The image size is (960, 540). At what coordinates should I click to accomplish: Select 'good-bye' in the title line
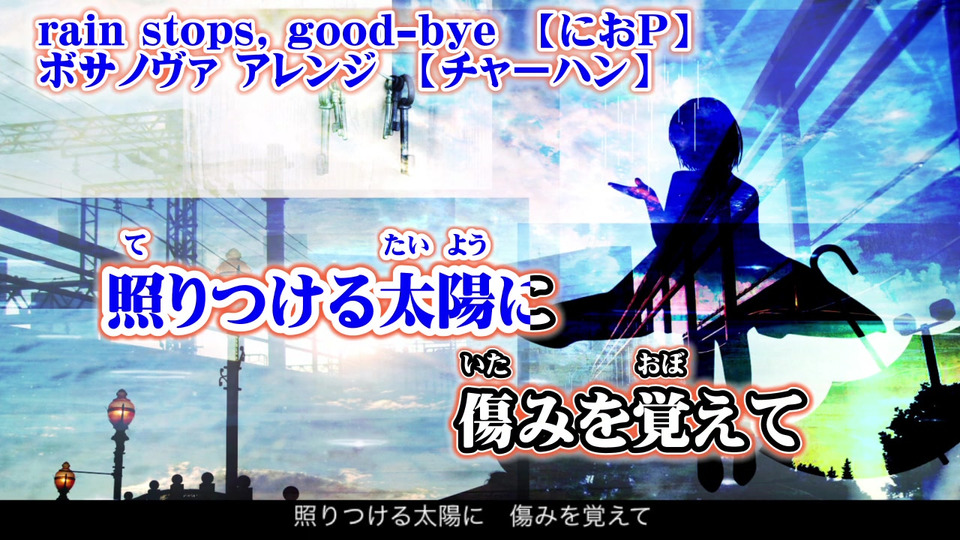point(392,33)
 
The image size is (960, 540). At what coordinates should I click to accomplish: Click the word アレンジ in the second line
point(306,73)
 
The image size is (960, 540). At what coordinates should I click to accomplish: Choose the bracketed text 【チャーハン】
point(531,73)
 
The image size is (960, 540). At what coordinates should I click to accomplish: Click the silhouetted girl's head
point(704,136)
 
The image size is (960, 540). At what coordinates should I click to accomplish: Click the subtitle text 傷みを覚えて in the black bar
point(579,517)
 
